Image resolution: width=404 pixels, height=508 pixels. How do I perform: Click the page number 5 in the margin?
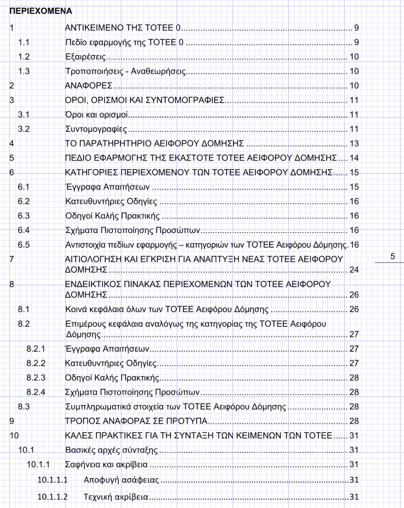392,256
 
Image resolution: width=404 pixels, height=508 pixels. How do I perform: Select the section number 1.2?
24,57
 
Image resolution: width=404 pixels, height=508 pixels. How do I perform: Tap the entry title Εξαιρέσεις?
85,57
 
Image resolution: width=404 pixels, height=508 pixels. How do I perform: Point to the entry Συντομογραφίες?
96,129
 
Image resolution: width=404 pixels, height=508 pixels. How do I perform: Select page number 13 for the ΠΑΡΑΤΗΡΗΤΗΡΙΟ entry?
354,144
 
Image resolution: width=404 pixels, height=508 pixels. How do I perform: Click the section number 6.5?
24,245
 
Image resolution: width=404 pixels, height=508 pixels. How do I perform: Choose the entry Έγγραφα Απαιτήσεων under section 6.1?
108,187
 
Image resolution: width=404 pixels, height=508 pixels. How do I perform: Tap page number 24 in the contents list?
354,270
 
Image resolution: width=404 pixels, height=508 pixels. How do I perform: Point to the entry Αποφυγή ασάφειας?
121,481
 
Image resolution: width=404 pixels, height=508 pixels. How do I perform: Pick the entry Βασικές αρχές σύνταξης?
111,450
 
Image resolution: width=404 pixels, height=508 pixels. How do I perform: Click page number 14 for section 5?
354,158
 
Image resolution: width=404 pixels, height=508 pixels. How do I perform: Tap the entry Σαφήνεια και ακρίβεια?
106,465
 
